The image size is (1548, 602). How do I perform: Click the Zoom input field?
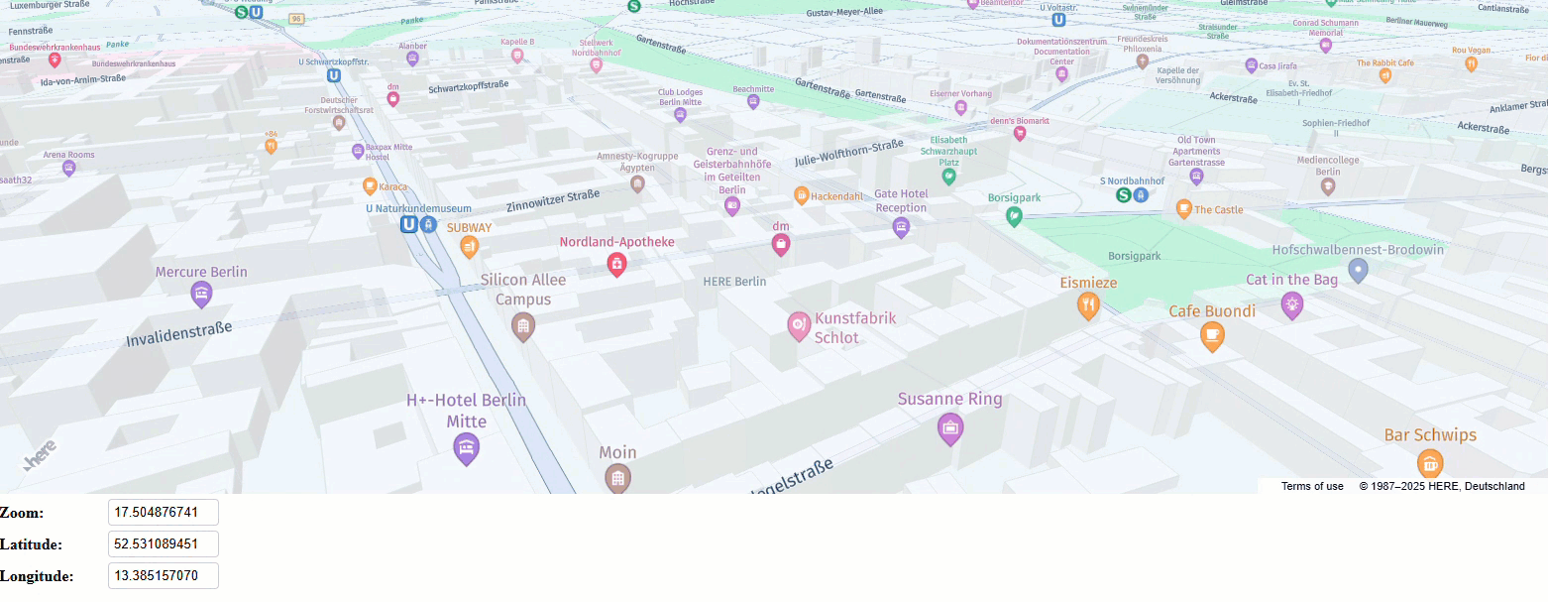point(163,513)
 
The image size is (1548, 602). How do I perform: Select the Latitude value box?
point(163,544)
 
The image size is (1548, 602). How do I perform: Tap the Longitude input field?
point(163,576)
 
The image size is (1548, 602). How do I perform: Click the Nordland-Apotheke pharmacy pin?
point(616,263)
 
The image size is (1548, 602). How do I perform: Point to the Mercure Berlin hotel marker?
point(201,294)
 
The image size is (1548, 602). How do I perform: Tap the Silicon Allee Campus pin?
point(522,324)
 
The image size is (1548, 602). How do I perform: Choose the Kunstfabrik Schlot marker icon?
point(799,324)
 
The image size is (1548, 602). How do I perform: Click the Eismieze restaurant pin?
point(1088,305)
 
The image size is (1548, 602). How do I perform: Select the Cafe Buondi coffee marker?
point(1212,335)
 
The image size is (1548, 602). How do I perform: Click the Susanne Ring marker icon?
point(950,427)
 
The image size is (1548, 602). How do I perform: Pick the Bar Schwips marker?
point(1429,462)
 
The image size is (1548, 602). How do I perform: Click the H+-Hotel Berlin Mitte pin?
point(466,448)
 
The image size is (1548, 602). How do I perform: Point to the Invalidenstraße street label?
point(178,334)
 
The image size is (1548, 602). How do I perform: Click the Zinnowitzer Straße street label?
point(553,200)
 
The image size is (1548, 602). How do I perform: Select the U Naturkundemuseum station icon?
point(408,225)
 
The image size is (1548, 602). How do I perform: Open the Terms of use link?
point(1312,486)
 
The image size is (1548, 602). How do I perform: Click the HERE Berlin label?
point(734,282)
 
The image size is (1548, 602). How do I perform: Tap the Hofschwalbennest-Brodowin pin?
point(1358,269)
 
